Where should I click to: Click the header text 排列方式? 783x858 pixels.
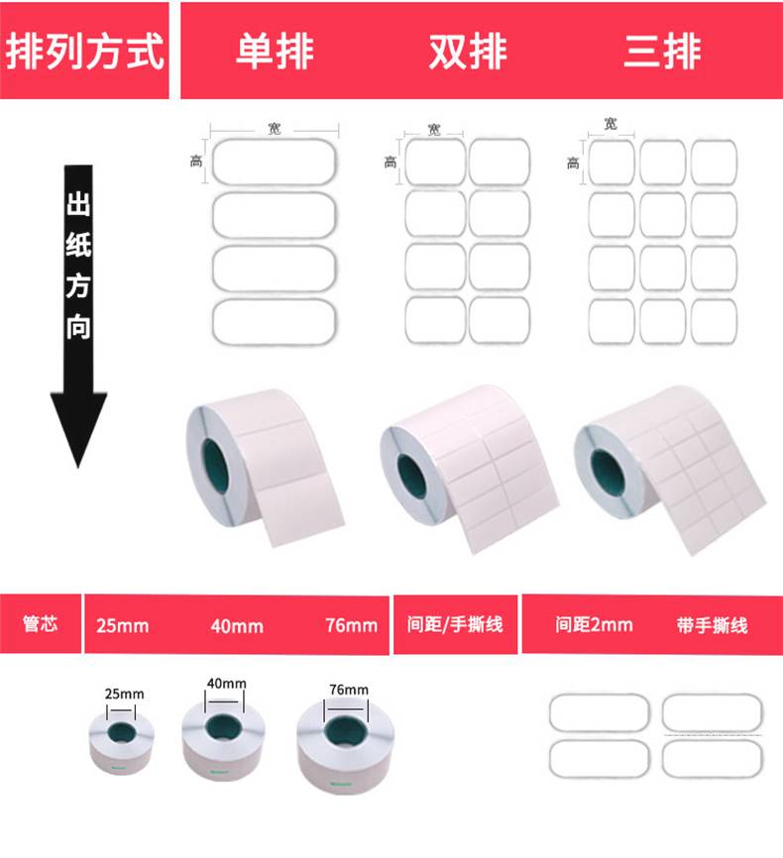tap(85, 52)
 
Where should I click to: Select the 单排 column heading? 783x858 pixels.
tap(275, 52)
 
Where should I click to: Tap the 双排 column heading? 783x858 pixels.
tap(468, 52)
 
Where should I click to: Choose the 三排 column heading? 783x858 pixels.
tap(662, 52)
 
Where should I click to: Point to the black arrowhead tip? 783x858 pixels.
tap(78, 468)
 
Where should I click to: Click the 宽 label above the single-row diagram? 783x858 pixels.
tap(275, 129)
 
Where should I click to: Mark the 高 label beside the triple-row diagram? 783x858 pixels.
tap(573, 162)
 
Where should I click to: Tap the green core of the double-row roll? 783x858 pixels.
tap(411, 476)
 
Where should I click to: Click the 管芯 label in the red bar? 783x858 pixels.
tap(40, 623)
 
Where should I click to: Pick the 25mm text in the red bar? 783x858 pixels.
tap(123, 625)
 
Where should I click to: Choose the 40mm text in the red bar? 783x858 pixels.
tap(237, 625)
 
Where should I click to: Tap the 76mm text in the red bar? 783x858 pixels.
tap(352, 625)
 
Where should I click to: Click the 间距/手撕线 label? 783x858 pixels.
tap(455, 624)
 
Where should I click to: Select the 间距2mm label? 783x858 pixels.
tap(594, 624)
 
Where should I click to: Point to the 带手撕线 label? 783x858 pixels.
tap(713, 624)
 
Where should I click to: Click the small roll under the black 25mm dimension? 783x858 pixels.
tap(122, 743)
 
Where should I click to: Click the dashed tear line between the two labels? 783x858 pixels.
tap(713, 735)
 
